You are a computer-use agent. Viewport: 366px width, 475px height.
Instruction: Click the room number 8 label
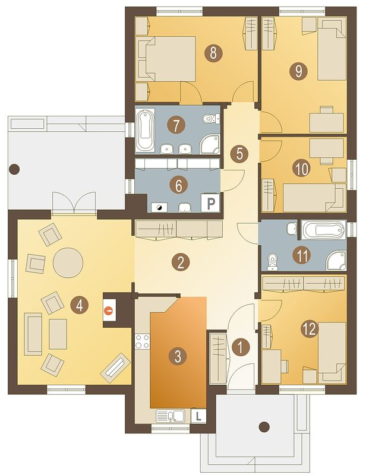click(x=213, y=53)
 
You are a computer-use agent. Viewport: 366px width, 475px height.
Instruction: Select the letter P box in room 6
click(x=210, y=202)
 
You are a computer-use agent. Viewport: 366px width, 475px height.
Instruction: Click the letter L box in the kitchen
click(x=198, y=416)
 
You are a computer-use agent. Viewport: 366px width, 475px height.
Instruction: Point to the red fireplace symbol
click(x=108, y=310)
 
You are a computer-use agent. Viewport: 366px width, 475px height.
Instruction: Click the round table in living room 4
click(x=68, y=262)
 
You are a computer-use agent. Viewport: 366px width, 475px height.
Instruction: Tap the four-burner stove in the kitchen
click(x=142, y=341)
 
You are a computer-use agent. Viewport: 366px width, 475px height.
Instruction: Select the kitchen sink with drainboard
click(x=171, y=416)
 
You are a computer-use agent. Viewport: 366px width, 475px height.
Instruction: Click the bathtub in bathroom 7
click(x=145, y=131)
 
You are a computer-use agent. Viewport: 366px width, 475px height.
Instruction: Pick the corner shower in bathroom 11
click(x=336, y=260)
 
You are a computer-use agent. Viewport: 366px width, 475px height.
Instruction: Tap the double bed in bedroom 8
click(x=166, y=59)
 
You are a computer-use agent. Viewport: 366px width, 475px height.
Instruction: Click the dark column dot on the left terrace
click(x=14, y=170)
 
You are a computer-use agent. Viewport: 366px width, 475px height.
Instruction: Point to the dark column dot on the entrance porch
click(x=264, y=427)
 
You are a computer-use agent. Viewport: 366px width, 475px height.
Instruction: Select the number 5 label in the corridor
click(x=239, y=154)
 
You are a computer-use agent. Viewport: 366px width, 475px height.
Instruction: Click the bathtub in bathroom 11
click(x=323, y=230)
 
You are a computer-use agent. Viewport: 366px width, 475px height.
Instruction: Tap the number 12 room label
click(x=310, y=329)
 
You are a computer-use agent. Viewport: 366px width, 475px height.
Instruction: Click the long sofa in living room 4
click(x=33, y=334)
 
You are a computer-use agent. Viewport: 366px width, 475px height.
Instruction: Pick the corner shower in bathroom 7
click(x=210, y=144)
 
